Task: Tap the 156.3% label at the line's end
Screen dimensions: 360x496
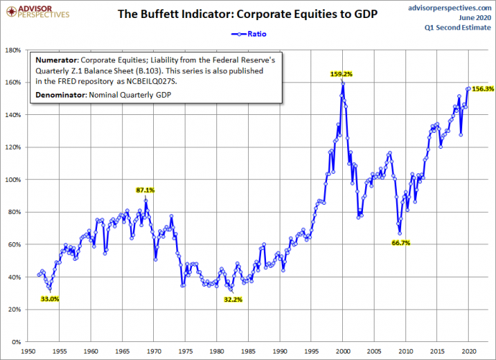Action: point(482,89)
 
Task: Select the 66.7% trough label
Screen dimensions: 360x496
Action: point(400,244)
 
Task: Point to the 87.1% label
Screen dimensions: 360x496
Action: point(145,190)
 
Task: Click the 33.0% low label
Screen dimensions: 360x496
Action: point(49,298)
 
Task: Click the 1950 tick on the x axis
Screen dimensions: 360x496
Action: point(29,351)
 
